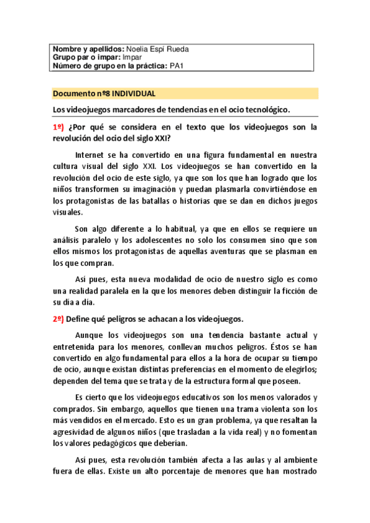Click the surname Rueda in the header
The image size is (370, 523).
[x=177, y=49]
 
